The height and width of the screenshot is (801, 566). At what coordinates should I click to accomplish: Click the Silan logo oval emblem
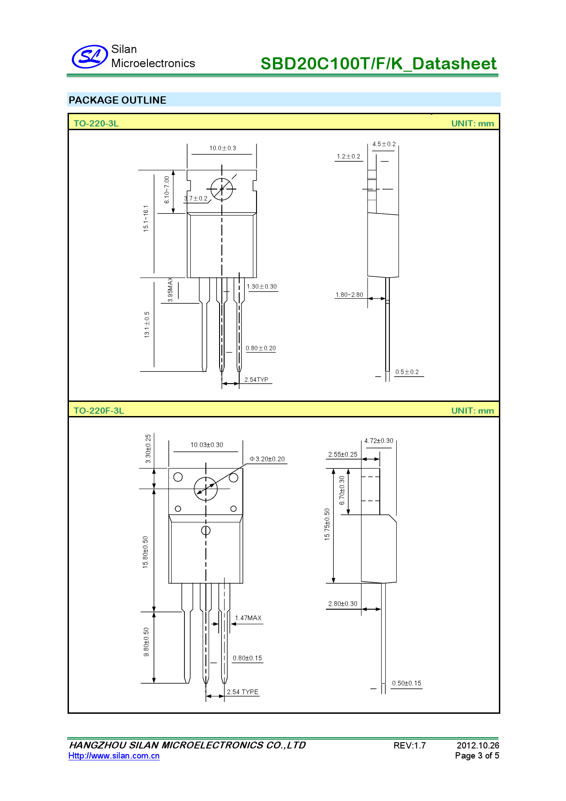click(x=89, y=57)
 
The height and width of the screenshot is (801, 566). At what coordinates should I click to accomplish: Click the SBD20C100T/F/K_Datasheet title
click(x=378, y=63)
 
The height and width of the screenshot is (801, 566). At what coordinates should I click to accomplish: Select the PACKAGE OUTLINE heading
click(x=117, y=100)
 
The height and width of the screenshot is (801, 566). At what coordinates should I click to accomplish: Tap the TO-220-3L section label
click(x=96, y=123)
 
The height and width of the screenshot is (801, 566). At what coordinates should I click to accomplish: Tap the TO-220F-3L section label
click(x=99, y=411)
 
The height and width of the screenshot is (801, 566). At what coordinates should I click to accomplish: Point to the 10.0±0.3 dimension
click(x=223, y=148)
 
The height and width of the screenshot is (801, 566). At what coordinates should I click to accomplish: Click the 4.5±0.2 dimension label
click(x=384, y=144)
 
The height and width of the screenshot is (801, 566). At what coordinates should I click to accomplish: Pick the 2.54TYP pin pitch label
click(x=256, y=379)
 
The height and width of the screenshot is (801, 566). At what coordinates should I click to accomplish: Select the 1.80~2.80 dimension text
click(x=349, y=295)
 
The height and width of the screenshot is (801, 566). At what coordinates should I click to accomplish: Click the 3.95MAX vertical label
click(x=170, y=289)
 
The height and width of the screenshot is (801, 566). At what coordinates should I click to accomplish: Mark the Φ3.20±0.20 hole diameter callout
click(x=267, y=459)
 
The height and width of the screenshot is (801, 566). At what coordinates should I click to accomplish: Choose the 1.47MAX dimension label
click(x=248, y=618)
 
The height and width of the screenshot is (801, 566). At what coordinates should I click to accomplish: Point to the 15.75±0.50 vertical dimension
click(x=327, y=524)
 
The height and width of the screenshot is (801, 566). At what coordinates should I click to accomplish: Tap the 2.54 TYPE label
click(x=242, y=692)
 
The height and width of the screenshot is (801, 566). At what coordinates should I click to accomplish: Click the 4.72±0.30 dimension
click(x=378, y=441)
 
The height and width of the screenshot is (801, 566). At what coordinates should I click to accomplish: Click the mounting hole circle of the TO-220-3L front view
click(x=222, y=189)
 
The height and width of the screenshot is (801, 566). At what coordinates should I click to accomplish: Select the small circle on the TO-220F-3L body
click(x=206, y=530)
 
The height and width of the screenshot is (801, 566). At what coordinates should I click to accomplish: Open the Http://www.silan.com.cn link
click(x=114, y=756)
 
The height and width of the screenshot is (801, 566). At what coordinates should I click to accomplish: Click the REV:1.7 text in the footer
click(x=409, y=746)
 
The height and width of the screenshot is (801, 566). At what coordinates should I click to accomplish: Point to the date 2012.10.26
click(x=477, y=745)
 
